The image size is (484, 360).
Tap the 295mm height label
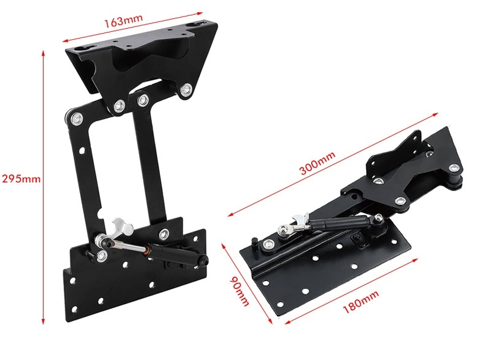(x=21, y=179)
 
